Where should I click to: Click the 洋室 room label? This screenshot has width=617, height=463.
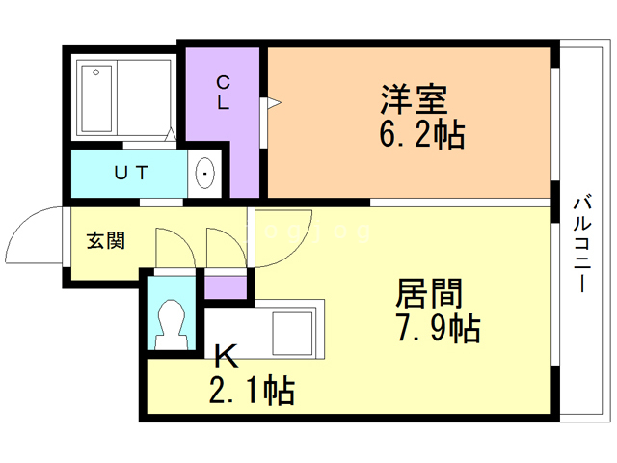[412, 100]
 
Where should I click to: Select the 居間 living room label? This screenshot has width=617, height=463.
[430, 292]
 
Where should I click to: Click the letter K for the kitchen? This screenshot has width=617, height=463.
[226, 358]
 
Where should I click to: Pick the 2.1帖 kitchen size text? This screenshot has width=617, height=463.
[252, 391]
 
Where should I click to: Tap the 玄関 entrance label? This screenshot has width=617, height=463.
[106, 241]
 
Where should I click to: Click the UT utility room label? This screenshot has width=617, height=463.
[131, 174]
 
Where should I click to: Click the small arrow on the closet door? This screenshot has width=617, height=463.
[274, 100]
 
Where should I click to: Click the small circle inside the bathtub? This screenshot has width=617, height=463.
[96, 73]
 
